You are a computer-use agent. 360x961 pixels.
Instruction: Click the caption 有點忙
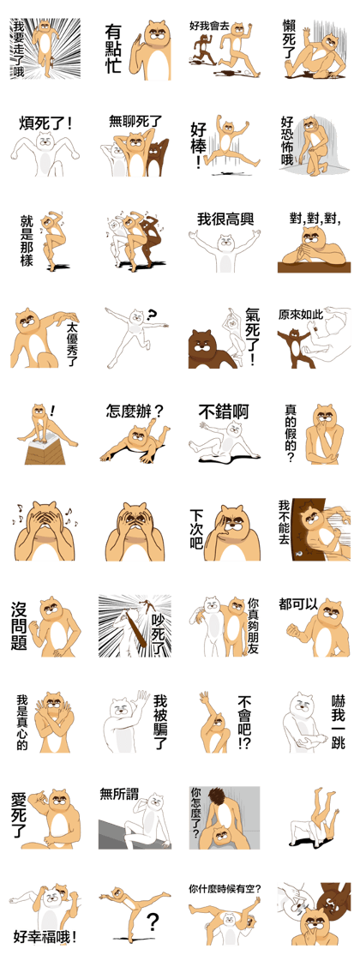point(116,49)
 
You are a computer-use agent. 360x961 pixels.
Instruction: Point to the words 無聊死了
point(134,121)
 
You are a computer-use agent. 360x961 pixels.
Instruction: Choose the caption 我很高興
point(225,219)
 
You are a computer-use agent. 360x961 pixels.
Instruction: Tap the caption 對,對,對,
point(315,218)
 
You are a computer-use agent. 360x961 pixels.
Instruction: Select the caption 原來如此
point(300,315)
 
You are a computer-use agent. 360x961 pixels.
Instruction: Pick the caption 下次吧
point(196,528)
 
